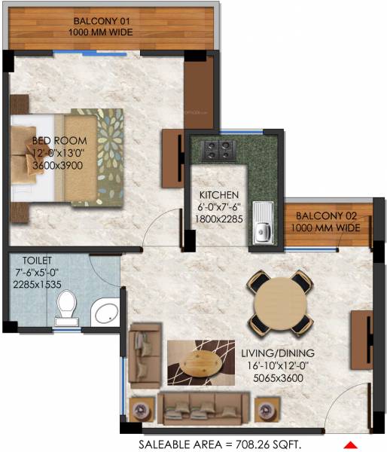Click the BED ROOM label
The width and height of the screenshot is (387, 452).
[59, 141]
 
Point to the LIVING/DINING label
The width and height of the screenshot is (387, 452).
[277, 352]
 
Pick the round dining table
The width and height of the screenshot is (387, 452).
[280, 303]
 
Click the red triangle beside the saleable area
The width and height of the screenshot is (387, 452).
[349, 443]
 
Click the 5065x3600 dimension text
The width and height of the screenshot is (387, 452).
[277, 376]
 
